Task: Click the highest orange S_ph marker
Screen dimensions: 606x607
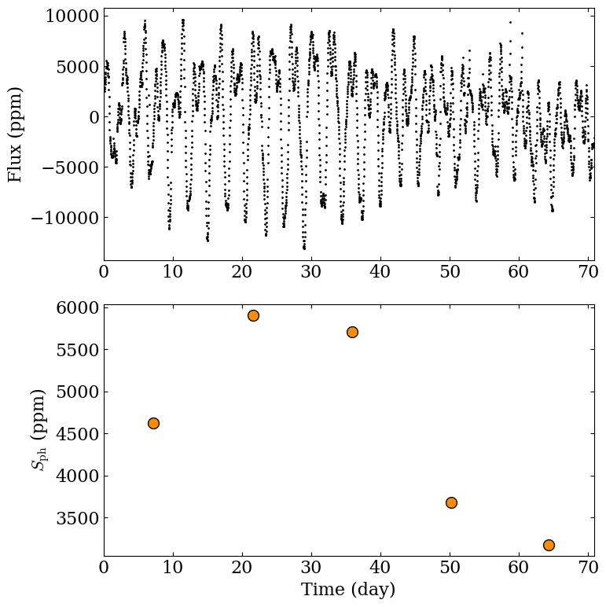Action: click(253, 315)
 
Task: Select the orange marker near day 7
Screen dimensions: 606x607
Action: click(153, 423)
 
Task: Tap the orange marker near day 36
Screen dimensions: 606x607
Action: click(352, 332)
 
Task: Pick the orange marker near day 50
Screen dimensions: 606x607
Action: click(451, 503)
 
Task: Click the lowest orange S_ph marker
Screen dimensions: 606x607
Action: click(549, 545)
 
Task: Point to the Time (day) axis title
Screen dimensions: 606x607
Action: click(348, 590)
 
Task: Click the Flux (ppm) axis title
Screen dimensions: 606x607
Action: click(15, 134)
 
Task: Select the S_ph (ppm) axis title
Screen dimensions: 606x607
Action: click(38, 430)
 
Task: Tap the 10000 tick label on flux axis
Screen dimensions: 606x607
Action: click(72, 17)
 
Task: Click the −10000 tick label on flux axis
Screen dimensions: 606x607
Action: click(65, 218)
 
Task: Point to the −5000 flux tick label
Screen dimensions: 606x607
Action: click(71, 167)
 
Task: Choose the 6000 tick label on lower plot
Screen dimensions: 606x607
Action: click(78, 307)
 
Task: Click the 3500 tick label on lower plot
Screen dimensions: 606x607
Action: click(78, 518)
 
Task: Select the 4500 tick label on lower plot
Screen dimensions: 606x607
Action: click(78, 434)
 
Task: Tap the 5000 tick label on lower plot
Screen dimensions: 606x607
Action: click(78, 392)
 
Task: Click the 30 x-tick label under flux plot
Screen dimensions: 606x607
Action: click(311, 272)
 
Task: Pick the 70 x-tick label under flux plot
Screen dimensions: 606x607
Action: click(588, 272)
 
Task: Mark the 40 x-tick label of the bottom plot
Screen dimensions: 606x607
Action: click(380, 567)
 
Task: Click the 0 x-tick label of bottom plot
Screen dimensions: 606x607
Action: click(104, 567)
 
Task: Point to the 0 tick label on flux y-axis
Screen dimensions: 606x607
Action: click(94, 117)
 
